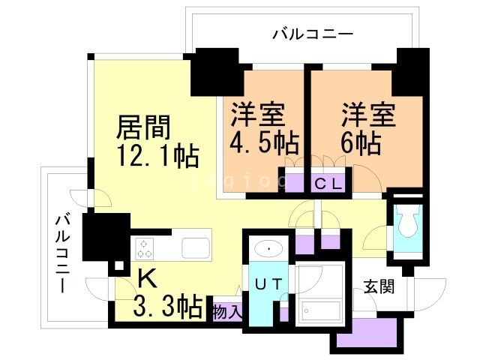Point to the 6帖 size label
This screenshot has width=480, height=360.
361,141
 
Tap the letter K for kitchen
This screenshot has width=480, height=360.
146,280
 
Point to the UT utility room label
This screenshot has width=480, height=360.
268,284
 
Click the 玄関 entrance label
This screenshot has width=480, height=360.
379,286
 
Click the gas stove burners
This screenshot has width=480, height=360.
144,248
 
